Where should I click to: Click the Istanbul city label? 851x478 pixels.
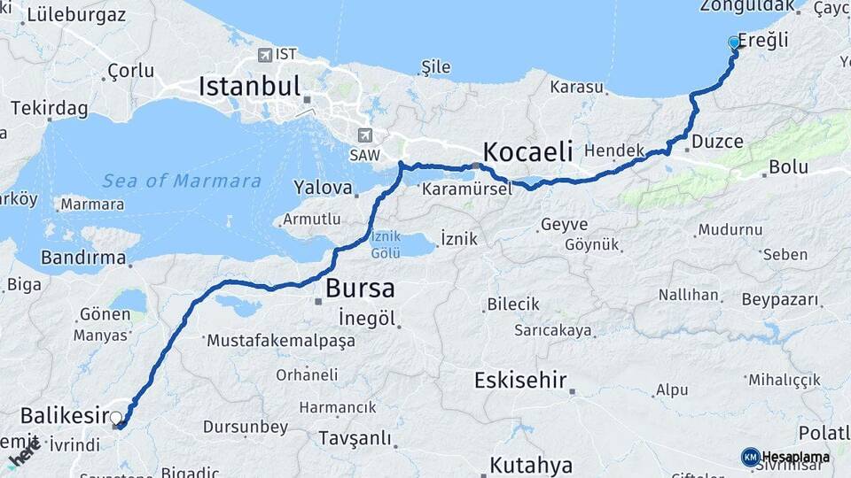pyautogui.click(x=250, y=87)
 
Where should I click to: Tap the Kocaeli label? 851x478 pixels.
pyautogui.click(x=527, y=149)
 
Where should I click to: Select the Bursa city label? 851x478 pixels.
pyautogui.click(x=359, y=288)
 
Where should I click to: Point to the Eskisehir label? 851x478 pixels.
pyautogui.click(x=519, y=381)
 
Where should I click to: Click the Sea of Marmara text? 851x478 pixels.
pyautogui.click(x=182, y=181)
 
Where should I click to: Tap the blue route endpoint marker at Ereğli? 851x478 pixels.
pyautogui.click(x=734, y=42)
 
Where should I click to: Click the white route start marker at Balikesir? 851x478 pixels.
pyautogui.click(x=115, y=417)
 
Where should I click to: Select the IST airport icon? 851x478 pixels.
pyautogui.click(x=264, y=55)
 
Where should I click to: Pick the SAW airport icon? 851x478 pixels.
pyautogui.click(x=364, y=135)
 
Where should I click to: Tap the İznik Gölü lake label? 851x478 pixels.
pyautogui.click(x=386, y=244)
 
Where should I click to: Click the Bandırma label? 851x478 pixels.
pyautogui.click(x=83, y=258)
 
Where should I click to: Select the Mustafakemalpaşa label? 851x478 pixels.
pyautogui.click(x=279, y=340)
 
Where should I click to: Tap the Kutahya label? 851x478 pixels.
pyautogui.click(x=531, y=465)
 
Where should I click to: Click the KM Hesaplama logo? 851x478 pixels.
pyautogui.click(x=785, y=457)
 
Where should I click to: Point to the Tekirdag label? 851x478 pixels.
pyautogui.click(x=49, y=108)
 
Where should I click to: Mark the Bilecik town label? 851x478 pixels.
pyautogui.click(x=512, y=305)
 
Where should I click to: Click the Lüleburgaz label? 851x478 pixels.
pyautogui.click(x=76, y=15)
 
